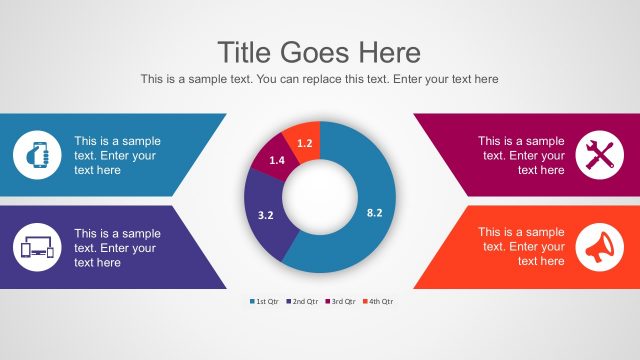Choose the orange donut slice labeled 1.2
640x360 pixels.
coord(301,139)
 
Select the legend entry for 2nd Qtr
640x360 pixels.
coord(303,300)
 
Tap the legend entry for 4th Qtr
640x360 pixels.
coord(378,300)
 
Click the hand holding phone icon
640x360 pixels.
coord(37,156)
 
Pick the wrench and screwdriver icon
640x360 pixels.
coord(601,156)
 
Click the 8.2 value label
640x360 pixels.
coord(375,213)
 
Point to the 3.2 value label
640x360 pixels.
coord(266,215)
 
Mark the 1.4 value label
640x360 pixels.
coord(278,160)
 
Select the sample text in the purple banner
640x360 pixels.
coord(117,248)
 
